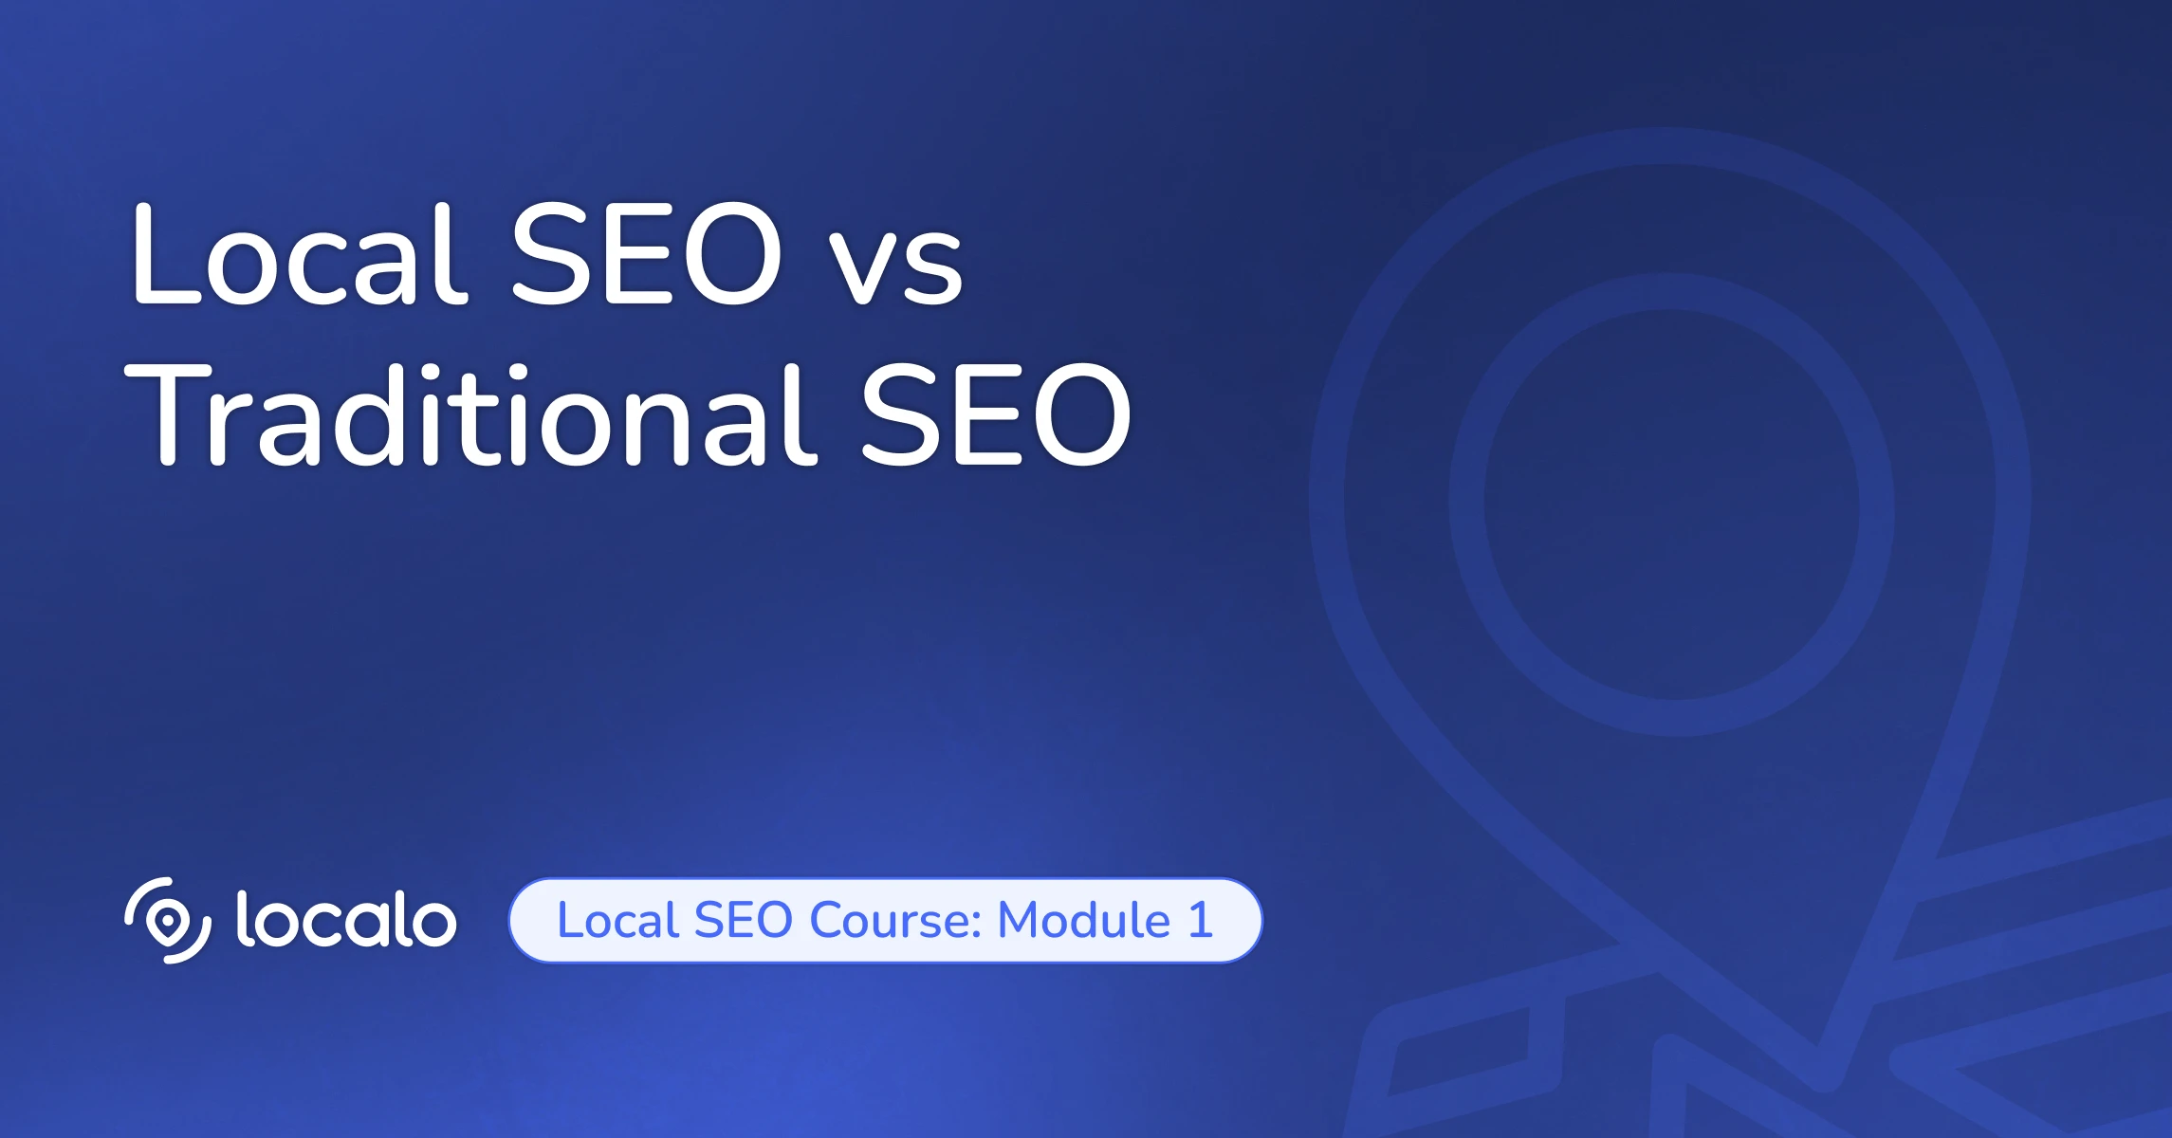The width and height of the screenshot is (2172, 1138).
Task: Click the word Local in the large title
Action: tap(300, 254)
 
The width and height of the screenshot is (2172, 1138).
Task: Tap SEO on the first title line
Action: tap(647, 254)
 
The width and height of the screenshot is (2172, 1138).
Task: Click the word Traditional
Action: tap(470, 413)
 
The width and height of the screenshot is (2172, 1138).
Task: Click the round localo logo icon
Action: tap(168, 920)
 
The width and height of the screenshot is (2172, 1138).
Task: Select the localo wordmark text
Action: tap(346, 919)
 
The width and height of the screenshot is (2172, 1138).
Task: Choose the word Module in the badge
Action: tap(1084, 920)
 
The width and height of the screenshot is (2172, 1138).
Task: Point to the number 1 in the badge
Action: tap(1201, 920)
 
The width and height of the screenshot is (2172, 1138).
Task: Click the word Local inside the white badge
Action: tap(617, 920)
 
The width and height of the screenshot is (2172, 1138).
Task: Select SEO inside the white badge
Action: tap(743, 920)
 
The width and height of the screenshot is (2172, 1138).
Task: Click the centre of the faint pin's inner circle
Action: tap(1671, 505)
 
